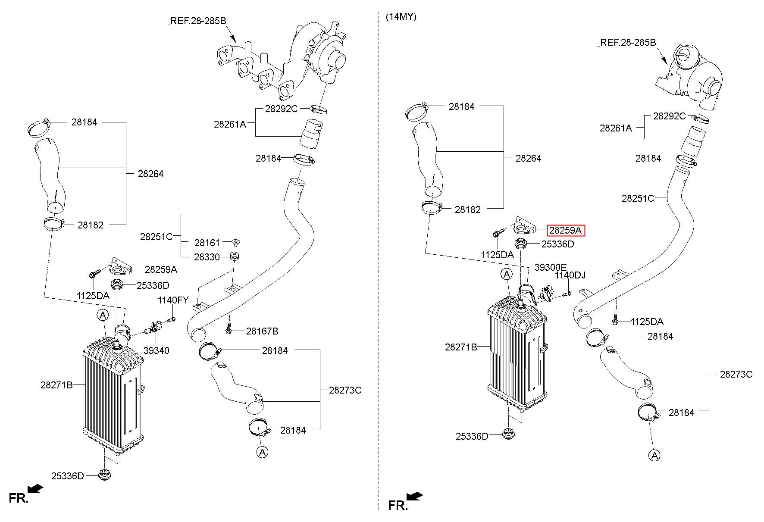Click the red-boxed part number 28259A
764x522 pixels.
(x=565, y=231)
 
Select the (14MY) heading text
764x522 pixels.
(x=401, y=17)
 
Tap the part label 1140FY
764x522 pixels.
(x=173, y=300)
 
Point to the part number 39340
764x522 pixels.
(x=157, y=350)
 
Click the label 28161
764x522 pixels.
(x=207, y=243)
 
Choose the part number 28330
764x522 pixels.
(x=207, y=257)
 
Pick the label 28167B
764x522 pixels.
(x=262, y=331)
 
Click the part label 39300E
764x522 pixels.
(x=551, y=267)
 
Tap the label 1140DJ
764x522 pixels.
(x=570, y=275)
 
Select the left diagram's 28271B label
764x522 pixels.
(x=57, y=385)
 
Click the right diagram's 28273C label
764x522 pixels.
(x=736, y=374)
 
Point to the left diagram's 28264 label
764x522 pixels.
(x=151, y=174)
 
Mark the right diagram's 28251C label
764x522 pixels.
(x=638, y=198)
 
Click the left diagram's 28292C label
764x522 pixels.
(x=281, y=109)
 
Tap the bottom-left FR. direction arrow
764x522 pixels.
(x=35, y=488)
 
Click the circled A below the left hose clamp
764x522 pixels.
(x=262, y=452)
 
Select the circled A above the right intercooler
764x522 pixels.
(x=507, y=274)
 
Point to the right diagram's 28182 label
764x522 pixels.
(x=468, y=209)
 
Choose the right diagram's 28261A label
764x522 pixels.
(x=616, y=128)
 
